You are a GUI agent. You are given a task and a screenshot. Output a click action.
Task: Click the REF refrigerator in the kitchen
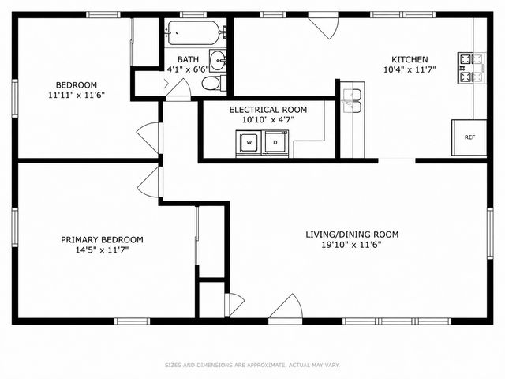tap(469, 137)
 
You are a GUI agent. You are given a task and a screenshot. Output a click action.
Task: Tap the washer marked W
tap(249, 143)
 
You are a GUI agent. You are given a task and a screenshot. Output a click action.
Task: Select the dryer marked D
tap(275, 143)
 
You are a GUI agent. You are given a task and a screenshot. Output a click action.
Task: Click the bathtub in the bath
tap(193, 33)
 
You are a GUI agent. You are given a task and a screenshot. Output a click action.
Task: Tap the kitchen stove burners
tap(471, 69)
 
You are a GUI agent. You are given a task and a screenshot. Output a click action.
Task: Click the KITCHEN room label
tap(410, 60)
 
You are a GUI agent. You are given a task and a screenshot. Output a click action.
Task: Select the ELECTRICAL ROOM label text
tap(268, 110)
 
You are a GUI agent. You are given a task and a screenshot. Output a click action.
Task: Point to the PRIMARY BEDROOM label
tap(102, 240)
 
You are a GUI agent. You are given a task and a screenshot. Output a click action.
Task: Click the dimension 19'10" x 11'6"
tap(351, 245)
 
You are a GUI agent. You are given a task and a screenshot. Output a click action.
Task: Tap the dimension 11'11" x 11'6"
tap(77, 96)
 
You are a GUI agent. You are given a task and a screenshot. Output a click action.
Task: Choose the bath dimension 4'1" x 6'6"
tap(188, 69)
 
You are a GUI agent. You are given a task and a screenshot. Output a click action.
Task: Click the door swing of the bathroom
tap(178, 88)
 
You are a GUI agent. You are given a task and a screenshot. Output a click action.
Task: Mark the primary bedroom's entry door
tap(150, 182)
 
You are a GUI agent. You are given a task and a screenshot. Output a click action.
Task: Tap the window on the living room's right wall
tap(490, 234)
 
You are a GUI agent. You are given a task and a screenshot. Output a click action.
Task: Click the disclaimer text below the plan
tap(252, 365)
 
